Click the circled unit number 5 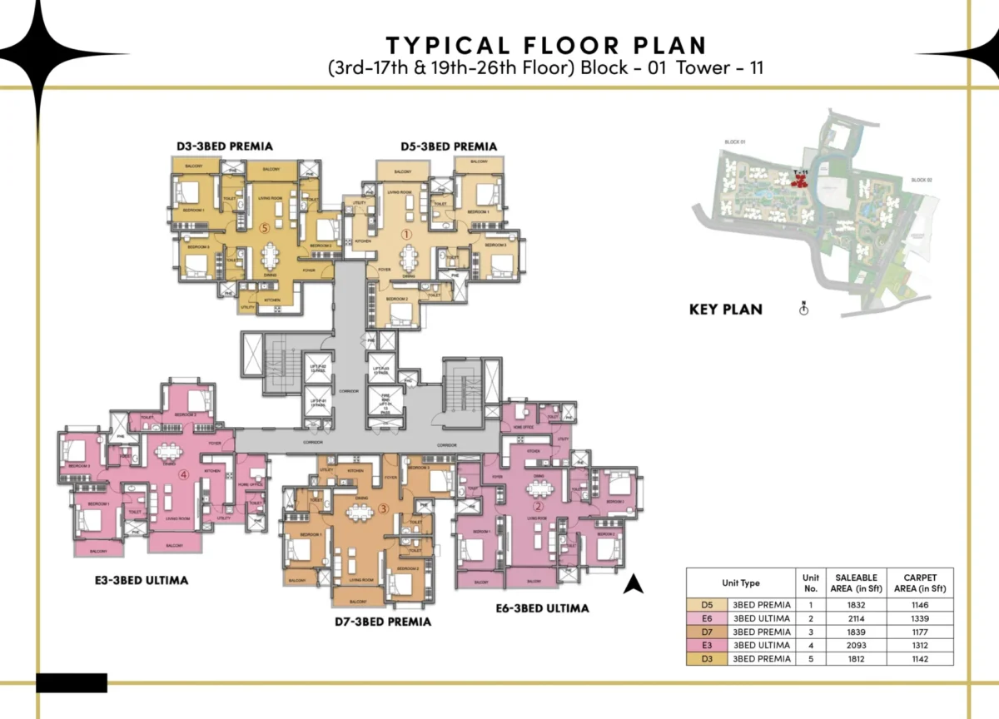[264, 226]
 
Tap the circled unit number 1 [407, 236]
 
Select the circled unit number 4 [184, 475]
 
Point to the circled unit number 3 [383, 508]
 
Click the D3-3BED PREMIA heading [224, 146]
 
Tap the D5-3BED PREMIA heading [448, 146]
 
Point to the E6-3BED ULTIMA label [541, 608]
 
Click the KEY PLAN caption [725, 309]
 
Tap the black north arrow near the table [634, 584]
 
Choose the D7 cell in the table [707, 632]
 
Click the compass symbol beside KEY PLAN [803, 309]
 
